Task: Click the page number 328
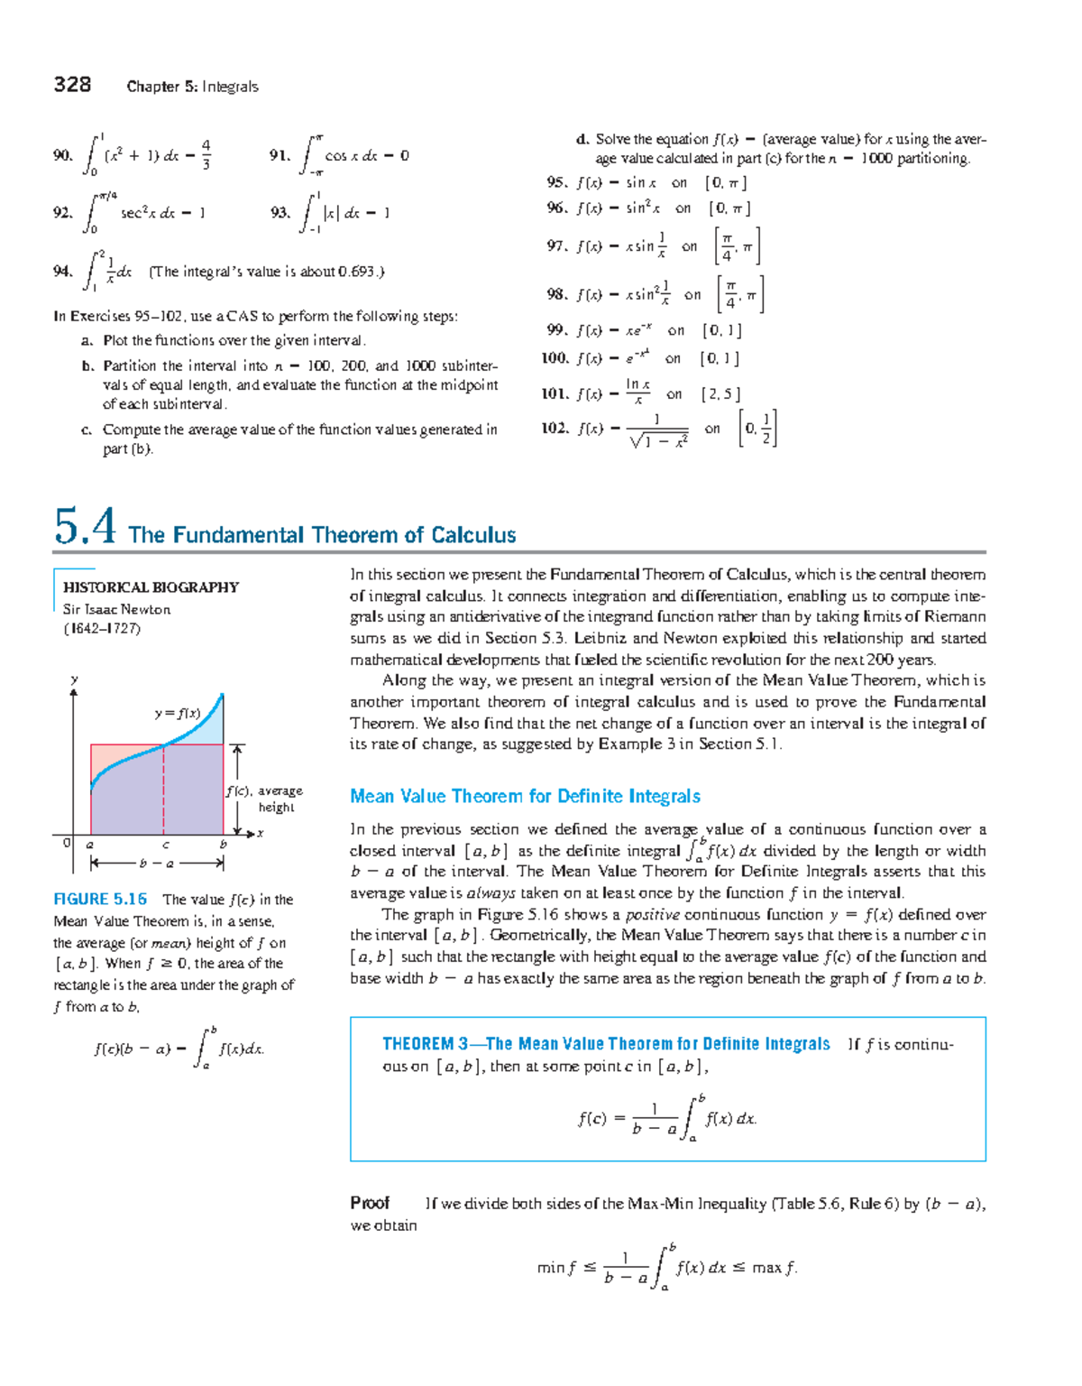tap(72, 85)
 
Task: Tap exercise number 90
tap(62, 155)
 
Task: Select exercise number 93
tap(280, 213)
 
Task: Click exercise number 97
tap(556, 245)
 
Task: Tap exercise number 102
tap(555, 429)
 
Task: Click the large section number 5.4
tap(85, 526)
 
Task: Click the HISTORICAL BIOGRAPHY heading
tap(151, 587)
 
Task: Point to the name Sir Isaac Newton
tap(116, 609)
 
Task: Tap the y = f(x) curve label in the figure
tap(177, 713)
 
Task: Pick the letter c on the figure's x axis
tap(165, 845)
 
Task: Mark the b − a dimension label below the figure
tap(157, 864)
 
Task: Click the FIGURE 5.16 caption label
tap(100, 900)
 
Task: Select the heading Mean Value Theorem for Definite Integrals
tap(525, 796)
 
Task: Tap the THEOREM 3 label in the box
tap(425, 1044)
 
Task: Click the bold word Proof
tap(370, 1203)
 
